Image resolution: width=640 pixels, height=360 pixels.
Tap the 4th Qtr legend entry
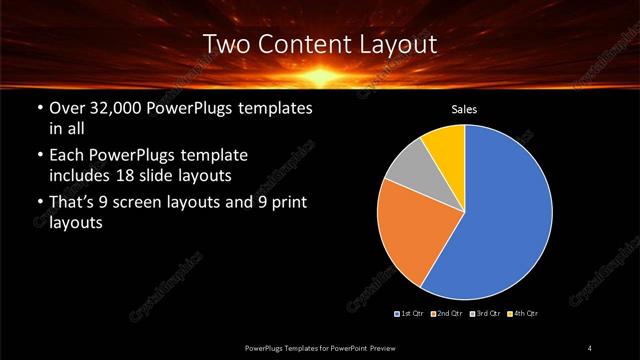522,314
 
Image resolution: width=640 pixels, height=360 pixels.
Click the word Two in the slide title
225,44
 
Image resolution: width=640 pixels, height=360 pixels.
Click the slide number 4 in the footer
590,348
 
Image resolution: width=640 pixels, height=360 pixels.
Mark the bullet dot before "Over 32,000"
39,108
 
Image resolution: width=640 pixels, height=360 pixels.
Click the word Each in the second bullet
67,156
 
